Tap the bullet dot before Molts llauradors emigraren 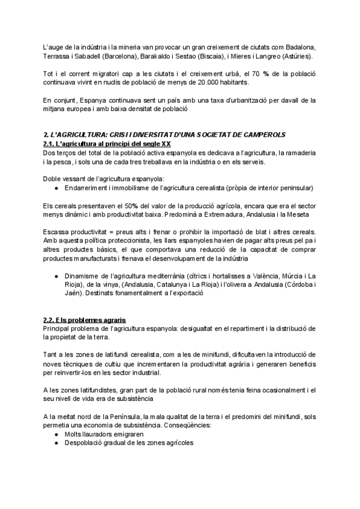(56, 434)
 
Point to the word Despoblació (84, 443)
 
